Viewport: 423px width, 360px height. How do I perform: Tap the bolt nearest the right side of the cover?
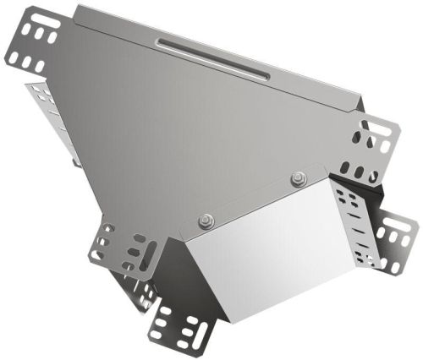point(298,177)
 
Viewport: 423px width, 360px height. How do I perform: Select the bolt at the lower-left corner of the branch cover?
point(206,221)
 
